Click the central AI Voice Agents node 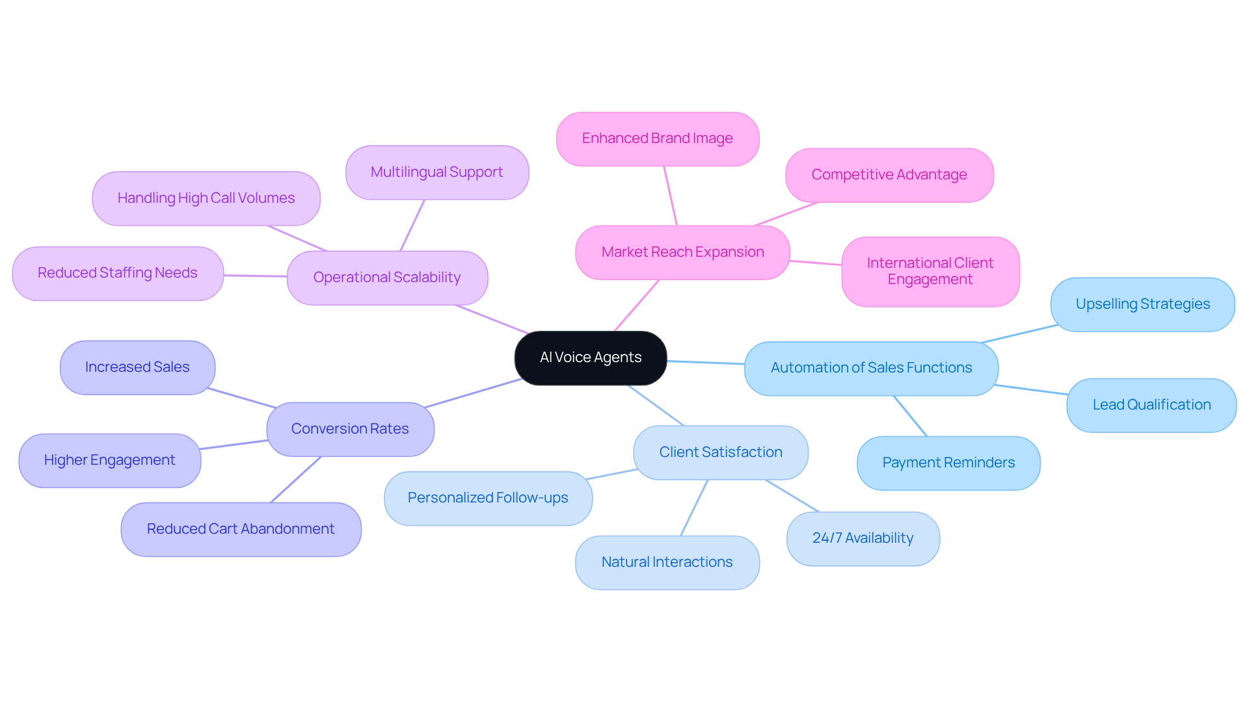[590, 358]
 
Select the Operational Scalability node [387, 278]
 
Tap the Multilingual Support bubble [436, 172]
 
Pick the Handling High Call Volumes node [206, 198]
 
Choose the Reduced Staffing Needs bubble [117, 273]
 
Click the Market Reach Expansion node [682, 252]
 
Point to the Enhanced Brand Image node [657, 138]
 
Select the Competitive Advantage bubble [889, 175]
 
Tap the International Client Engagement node [930, 271]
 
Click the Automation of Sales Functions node [871, 368]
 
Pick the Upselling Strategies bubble [1142, 304]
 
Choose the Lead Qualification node [1151, 405]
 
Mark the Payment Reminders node [948, 463]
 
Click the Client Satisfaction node [720, 452]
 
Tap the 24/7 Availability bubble [863, 538]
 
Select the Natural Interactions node [667, 562]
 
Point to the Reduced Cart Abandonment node [241, 529]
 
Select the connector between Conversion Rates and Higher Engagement [234, 445]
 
